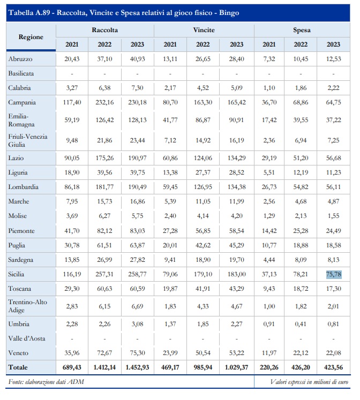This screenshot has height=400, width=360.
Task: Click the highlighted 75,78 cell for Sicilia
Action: pos(333,274)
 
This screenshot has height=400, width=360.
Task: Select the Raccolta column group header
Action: pos(104,31)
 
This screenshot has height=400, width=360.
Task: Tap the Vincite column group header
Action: pos(204,31)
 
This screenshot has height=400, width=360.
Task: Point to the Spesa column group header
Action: pos(302,31)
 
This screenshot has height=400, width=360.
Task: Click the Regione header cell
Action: pos(31,37)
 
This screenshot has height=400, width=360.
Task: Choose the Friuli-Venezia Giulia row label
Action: pos(28,140)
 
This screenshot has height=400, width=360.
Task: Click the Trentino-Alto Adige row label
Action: pos(28,306)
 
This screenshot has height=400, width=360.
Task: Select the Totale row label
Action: pos(19,368)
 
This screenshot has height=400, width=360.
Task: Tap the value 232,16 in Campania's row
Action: pos(104,102)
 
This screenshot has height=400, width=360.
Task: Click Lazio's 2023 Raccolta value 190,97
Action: pos(138,158)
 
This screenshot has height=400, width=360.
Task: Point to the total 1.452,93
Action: pos(138,368)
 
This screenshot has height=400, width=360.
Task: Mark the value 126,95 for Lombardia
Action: pos(204,187)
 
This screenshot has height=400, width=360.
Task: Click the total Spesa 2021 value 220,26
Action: pos(269,368)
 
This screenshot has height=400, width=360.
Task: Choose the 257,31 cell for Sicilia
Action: pos(104,274)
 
